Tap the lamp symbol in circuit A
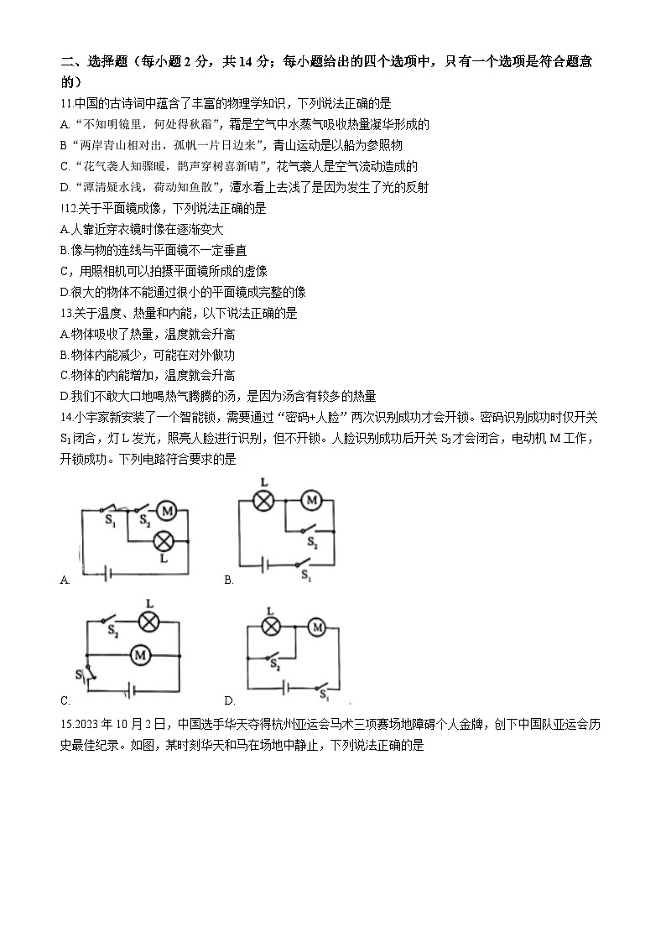tap(164, 541)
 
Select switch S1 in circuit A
tap(108, 509)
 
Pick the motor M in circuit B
tap(311, 501)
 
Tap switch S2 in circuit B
tap(310, 532)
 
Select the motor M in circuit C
tap(142, 653)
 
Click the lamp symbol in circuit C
tap(149, 622)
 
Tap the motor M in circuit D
tap(316, 627)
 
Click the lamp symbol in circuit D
tap(271, 627)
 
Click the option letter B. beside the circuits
tap(228, 580)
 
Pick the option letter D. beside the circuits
tap(228, 700)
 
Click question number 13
tap(68, 313)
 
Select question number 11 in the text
tap(68, 103)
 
